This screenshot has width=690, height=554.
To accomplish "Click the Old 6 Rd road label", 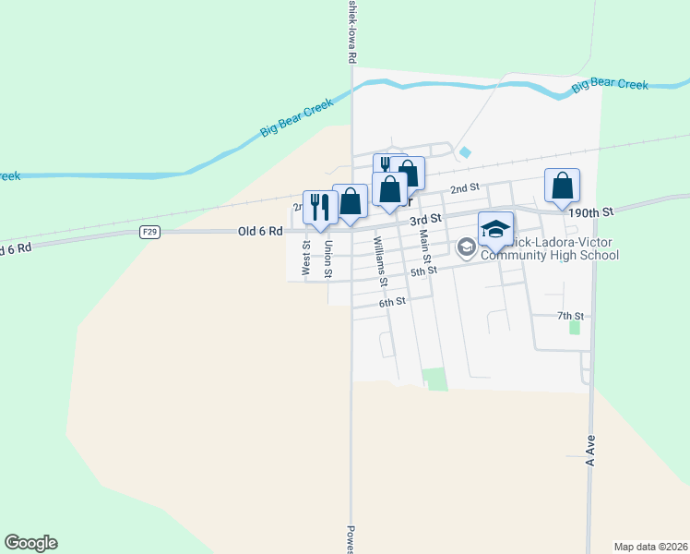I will (259, 231).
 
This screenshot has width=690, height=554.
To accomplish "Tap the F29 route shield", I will (151, 232).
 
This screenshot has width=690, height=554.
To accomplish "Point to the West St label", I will (306, 258).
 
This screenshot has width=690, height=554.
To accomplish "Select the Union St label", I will (327, 259).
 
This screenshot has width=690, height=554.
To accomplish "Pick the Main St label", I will (425, 248).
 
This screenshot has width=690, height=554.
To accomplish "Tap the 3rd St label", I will (426, 219).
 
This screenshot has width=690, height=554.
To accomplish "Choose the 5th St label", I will (423, 271).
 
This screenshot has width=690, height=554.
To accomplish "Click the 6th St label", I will (392, 302).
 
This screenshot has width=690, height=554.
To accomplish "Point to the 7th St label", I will (571, 316).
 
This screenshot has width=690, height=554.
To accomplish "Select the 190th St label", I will (591, 212).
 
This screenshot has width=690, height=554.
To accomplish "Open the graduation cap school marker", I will (495, 229).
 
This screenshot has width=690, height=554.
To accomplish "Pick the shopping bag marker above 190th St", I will (561, 186).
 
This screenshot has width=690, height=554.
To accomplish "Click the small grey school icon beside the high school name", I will (466, 246).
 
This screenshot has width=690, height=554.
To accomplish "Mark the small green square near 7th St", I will (575, 327).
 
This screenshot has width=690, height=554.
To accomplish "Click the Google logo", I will (30, 543).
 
